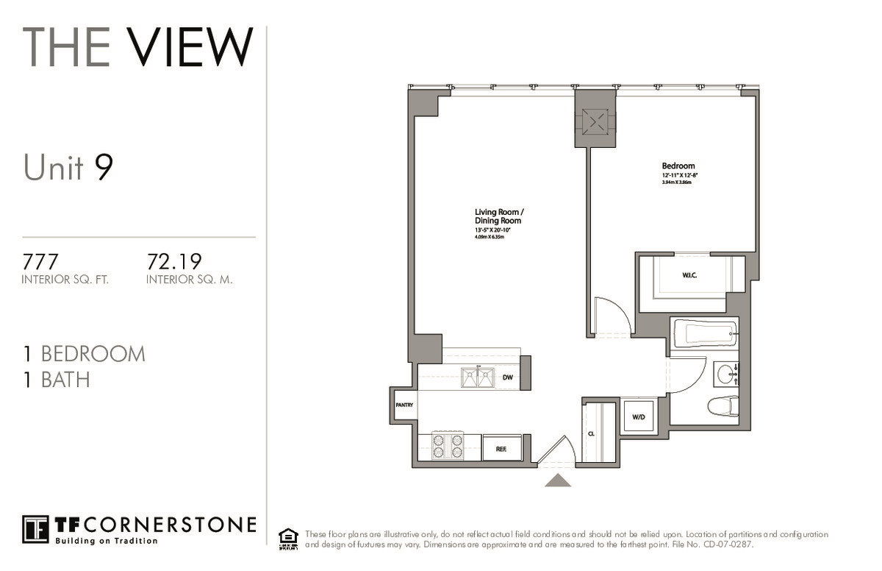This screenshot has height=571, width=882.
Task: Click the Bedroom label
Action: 678,166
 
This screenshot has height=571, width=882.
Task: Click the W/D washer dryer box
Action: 639,417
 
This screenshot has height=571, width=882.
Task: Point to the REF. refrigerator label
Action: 501,447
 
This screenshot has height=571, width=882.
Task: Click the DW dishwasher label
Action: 507,378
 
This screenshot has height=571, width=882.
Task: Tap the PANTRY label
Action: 404,405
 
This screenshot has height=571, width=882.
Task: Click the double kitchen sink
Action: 477,378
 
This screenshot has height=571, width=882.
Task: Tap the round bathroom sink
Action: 725,373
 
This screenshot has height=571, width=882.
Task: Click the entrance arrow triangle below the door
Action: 558,480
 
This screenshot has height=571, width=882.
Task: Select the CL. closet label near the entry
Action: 591,434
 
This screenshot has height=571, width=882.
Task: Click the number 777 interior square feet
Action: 40,262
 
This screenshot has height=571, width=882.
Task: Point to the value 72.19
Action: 174,262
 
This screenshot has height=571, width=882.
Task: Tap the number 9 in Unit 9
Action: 104,168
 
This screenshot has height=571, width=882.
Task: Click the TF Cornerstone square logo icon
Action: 35,529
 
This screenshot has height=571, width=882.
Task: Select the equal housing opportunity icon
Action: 288,539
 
